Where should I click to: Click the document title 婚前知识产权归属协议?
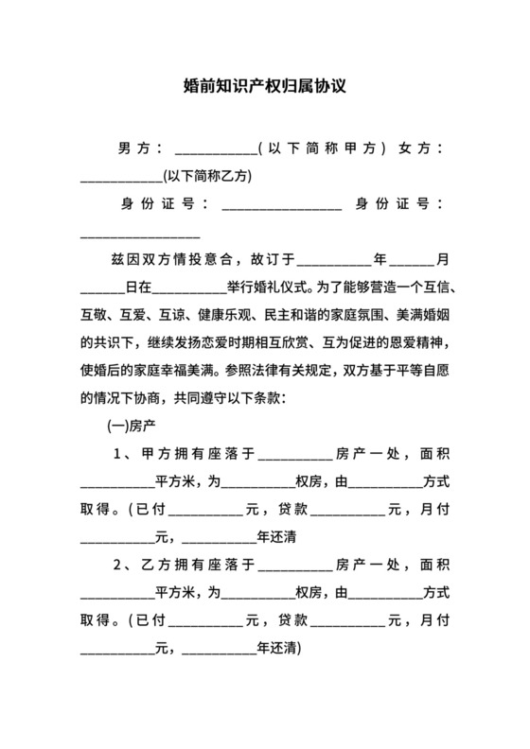click(265, 86)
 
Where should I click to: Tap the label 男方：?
click(141, 148)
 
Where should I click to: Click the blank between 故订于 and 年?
click(335, 261)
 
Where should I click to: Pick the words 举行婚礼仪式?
click(260, 286)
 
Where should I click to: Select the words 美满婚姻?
click(418, 313)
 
